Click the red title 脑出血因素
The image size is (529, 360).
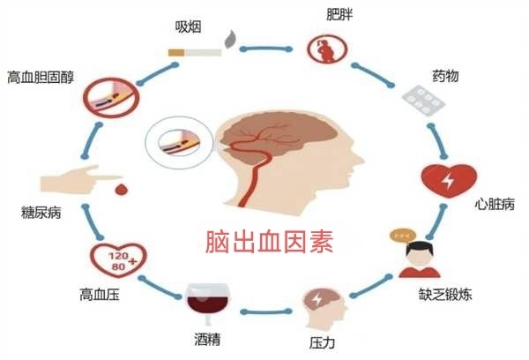point(269,242)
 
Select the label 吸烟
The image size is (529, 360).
point(189,27)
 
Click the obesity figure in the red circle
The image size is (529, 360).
point(327,49)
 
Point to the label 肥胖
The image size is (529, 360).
point(339,14)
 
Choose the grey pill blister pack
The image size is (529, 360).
point(423,101)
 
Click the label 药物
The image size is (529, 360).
point(445,76)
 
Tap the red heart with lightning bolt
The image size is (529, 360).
point(449,181)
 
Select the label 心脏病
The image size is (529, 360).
point(495,204)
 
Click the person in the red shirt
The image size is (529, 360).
point(420,259)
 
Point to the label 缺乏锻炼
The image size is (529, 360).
point(445,294)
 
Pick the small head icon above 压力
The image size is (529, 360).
point(324,308)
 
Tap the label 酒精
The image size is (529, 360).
point(207,339)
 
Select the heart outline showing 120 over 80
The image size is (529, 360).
point(118,259)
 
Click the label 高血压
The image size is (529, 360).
point(100,295)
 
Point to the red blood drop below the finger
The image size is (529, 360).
point(121,190)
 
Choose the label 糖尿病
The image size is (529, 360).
point(41,213)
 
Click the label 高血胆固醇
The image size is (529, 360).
point(41,77)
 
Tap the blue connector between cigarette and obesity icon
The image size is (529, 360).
point(266,49)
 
